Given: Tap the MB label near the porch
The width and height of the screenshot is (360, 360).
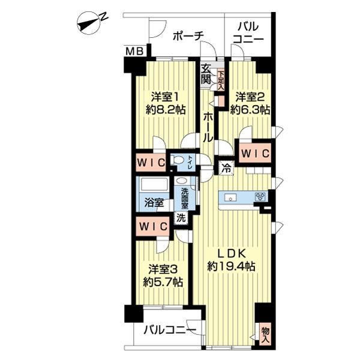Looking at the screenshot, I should pyautogui.click(x=134, y=52).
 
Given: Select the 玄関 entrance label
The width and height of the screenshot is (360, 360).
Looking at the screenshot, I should pyautogui.click(x=206, y=74).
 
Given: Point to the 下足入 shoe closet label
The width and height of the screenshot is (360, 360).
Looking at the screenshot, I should pyautogui.click(x=221, y=79).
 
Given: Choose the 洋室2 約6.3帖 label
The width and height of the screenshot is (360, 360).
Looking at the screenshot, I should pyautogui.click(x=251, y=103).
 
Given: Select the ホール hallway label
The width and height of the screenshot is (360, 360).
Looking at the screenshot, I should pyautogui.click(x=207, y=126).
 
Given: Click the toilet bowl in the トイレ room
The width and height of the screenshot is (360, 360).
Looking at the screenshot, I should pyautogui.click(x=178, y=160).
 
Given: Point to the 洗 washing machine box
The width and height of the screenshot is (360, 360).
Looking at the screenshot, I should pyautogui.click(x=181, y=219).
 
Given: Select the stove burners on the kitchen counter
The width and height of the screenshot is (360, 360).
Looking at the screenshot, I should pyautogui.click(x=260, y=196).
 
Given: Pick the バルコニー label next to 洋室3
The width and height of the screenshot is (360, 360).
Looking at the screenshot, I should pyautogui.click(x=169, y=330).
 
